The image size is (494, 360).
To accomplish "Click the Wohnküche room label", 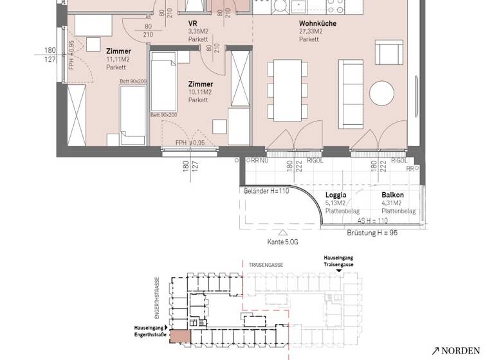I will tap(317, 23).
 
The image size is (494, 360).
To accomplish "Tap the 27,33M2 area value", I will tap(309, 32).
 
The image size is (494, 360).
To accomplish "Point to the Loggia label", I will tap(336, 195).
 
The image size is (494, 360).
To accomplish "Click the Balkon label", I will tap(392, 195).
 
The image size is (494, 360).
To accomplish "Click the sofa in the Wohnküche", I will tap(352, 93).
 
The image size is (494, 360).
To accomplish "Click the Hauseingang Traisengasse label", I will tap(338, 261).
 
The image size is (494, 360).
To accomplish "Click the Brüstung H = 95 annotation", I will tap(372, 232).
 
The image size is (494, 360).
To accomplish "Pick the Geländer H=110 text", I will tap(266, 191).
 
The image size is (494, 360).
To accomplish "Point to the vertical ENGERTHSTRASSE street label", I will tap(156, 298).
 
